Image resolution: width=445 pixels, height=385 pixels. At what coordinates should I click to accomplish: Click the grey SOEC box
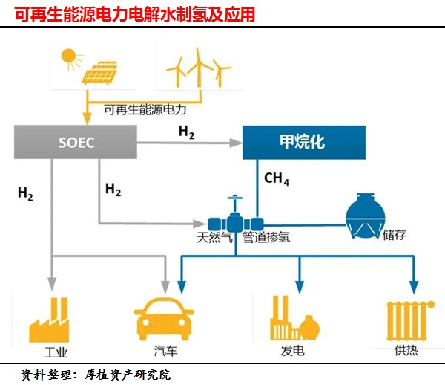click(x=76, y=142)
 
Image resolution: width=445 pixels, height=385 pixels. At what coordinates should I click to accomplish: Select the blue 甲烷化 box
click(x=304, y=142)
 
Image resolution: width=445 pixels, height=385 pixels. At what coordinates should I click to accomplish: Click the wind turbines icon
click(x=198, y=68)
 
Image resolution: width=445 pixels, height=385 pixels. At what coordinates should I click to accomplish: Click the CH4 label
click(x=277, y=180)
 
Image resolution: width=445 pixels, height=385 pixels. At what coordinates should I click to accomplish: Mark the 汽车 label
click(x=162, y=350)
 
